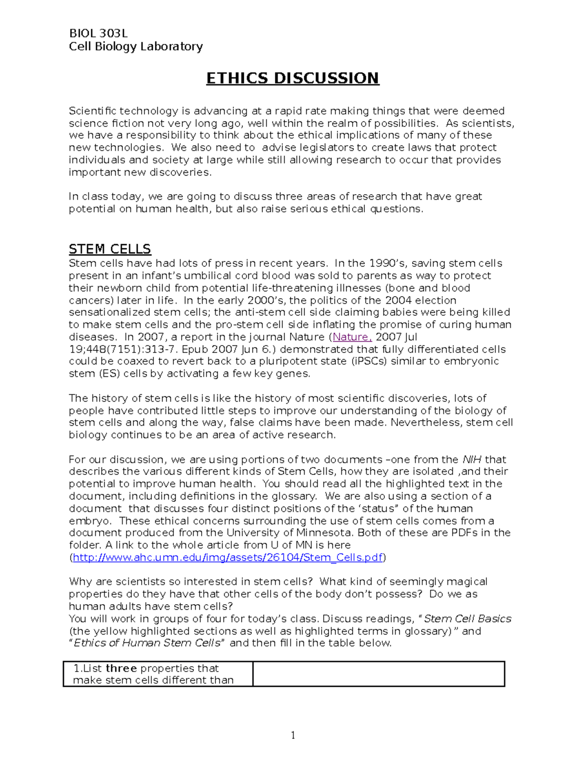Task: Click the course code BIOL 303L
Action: (x=98, y=34)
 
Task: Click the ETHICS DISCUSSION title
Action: (x=293, y=78)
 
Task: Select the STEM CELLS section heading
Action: (x=110, y=249)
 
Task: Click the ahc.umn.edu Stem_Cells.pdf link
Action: (x=227, y=557)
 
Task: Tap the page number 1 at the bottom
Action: (x=293, y=736)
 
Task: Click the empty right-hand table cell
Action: (x=378, y=674)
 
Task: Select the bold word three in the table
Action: (x=121, y=668)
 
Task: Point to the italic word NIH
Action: (x=472, y=460)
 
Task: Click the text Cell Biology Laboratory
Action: (x=136, y=46)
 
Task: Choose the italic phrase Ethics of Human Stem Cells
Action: (x=147, y=643)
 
